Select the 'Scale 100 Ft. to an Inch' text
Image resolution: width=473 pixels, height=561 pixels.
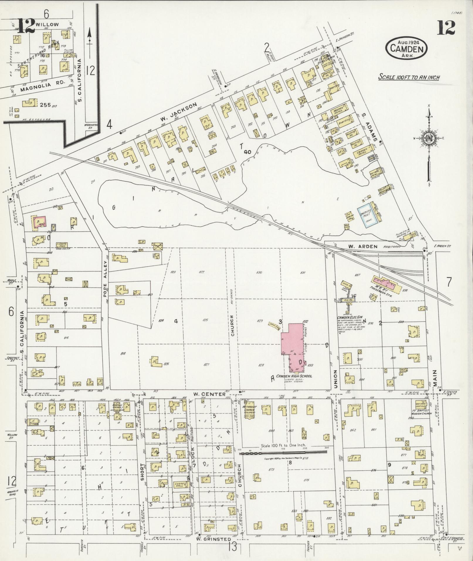(408, 77)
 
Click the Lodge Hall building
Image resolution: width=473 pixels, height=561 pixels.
(179, 485)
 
